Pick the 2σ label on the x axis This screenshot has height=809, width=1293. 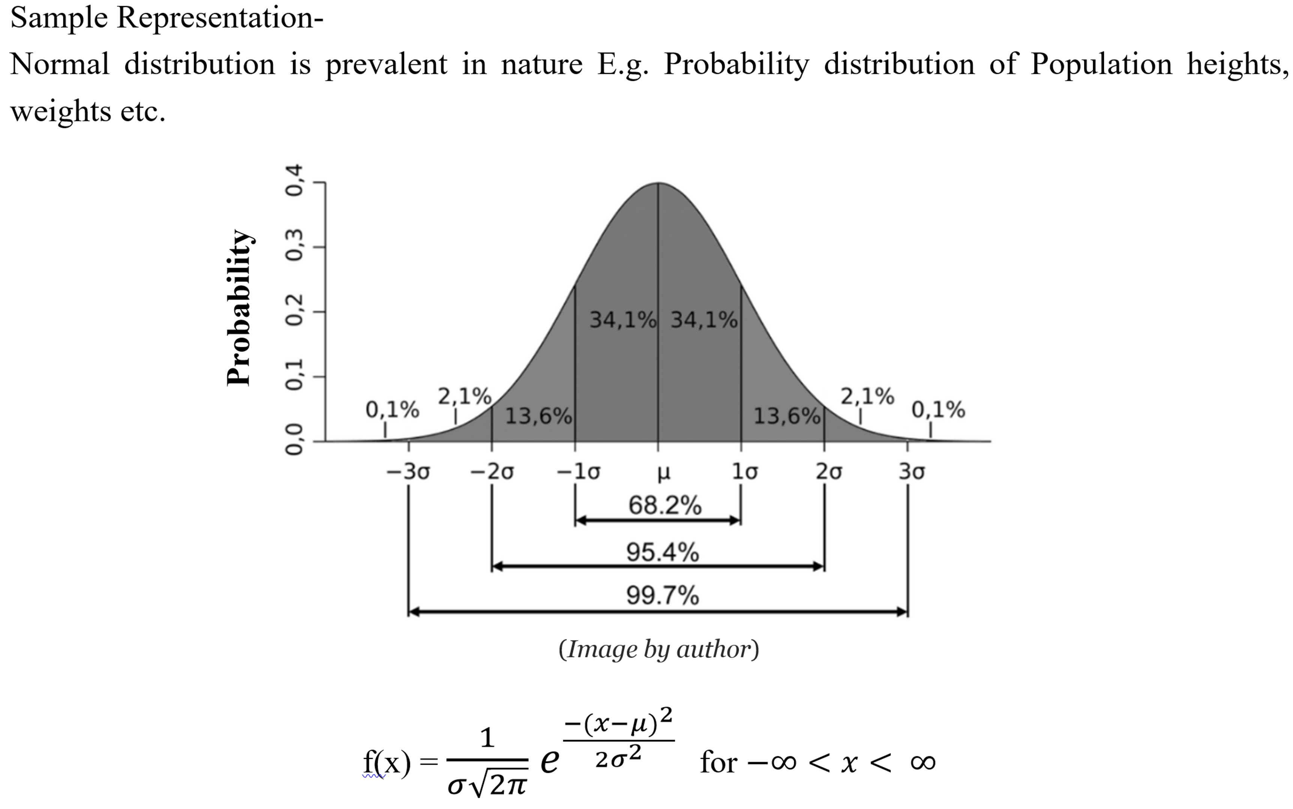829,472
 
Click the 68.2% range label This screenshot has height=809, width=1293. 664,506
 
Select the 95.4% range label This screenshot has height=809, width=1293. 662,552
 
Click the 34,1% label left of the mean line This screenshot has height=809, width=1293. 622,320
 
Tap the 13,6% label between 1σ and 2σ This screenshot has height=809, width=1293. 786,416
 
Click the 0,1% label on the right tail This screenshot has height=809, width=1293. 938,410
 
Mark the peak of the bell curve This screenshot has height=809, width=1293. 658,183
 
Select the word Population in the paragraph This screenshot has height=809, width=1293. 1101,64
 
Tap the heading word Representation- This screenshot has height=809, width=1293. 220,18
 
